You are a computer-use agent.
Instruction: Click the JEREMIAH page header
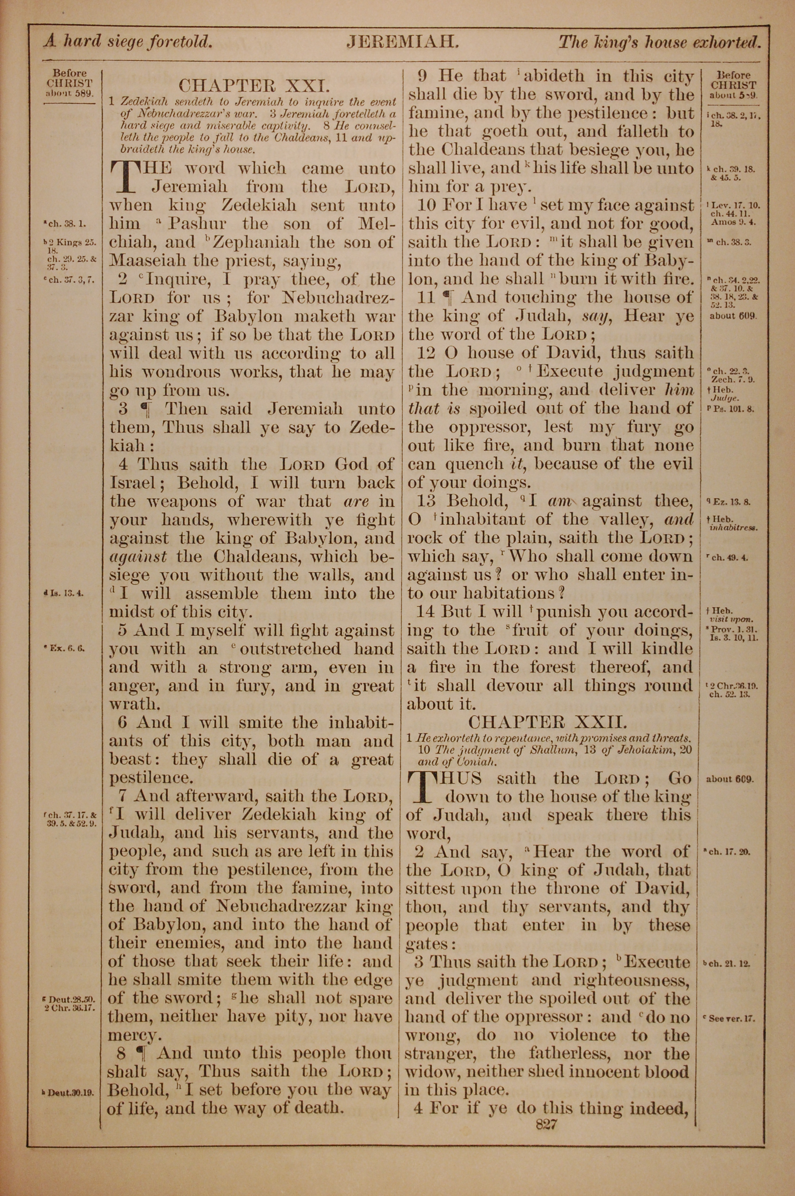[403, 42]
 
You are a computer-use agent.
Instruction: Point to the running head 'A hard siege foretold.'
[127, 42]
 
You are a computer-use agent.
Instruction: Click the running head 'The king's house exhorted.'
[659, 42]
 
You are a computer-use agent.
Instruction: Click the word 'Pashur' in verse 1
[197, 223]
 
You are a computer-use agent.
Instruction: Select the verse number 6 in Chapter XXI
[124, 722]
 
